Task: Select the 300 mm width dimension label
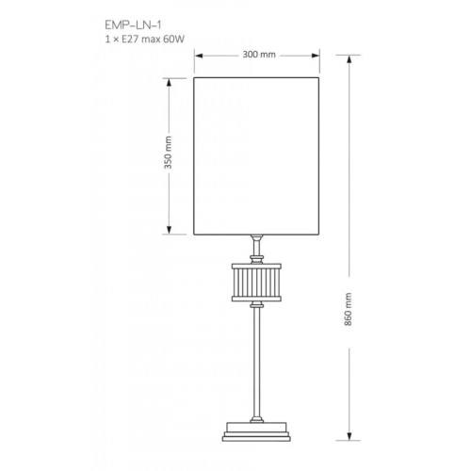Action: point(259,55)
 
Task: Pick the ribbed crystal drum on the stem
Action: point(257,280)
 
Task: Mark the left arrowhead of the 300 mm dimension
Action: point(197,55)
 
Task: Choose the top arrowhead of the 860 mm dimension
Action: point(352,56)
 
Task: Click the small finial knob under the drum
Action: point(257,303)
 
